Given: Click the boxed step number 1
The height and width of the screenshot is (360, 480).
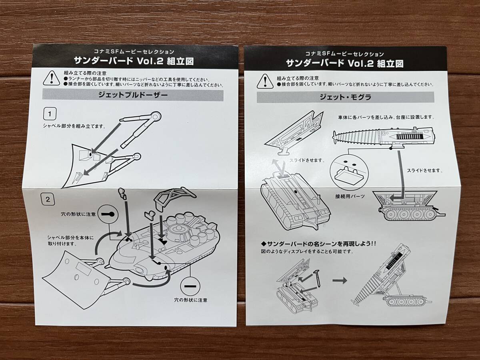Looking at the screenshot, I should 49,114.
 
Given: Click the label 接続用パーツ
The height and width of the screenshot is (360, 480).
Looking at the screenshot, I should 348,197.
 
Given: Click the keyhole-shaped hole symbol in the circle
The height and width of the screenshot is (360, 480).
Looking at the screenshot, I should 108,214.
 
